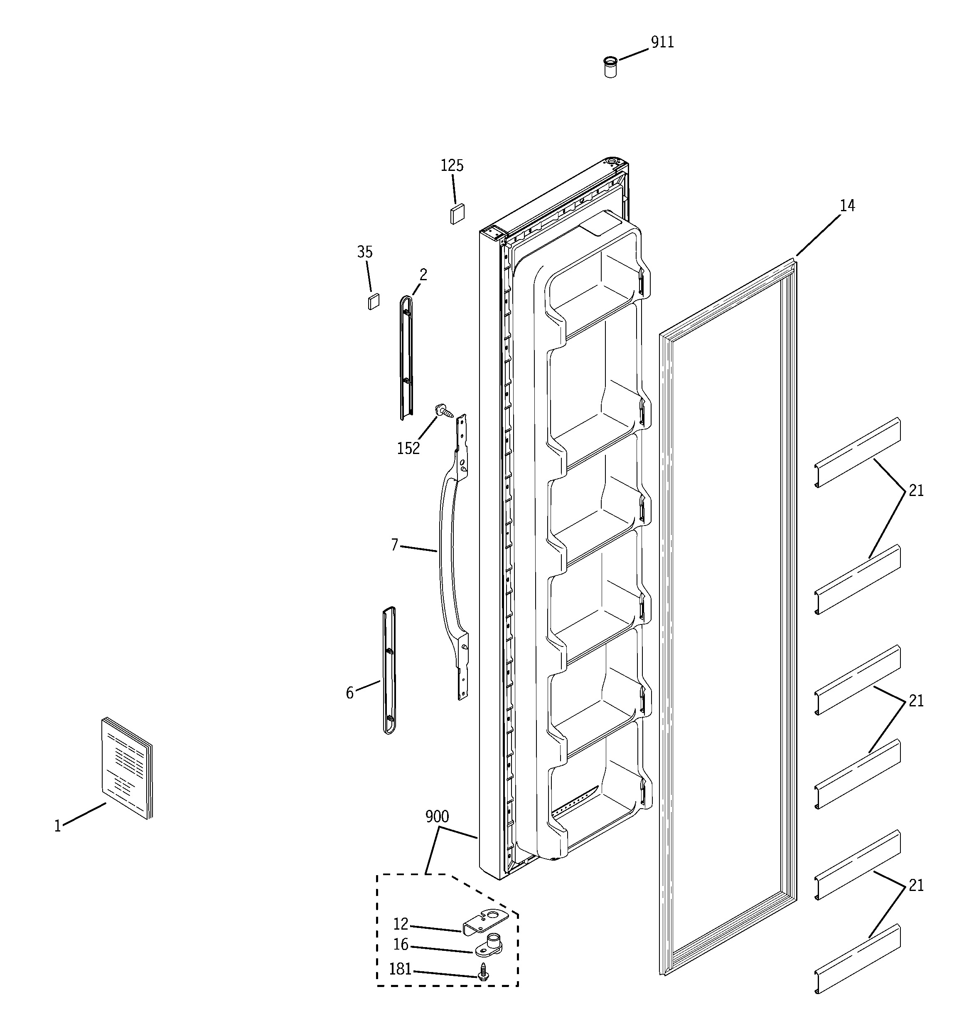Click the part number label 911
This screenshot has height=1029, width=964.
tap(662, 42)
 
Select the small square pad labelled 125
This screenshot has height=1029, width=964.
tap(457, 213)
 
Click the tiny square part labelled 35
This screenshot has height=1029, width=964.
tap(373, 301)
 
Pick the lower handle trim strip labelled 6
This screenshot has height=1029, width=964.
tap(389, 670)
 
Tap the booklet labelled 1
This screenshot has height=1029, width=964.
tap(127, 769)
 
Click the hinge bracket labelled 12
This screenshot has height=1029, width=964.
tap(484, 923)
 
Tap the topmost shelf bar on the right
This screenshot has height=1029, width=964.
tap(857, 453)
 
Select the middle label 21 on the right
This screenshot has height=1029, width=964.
tap(915, 701)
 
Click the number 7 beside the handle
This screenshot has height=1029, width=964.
tap(394, 545)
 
